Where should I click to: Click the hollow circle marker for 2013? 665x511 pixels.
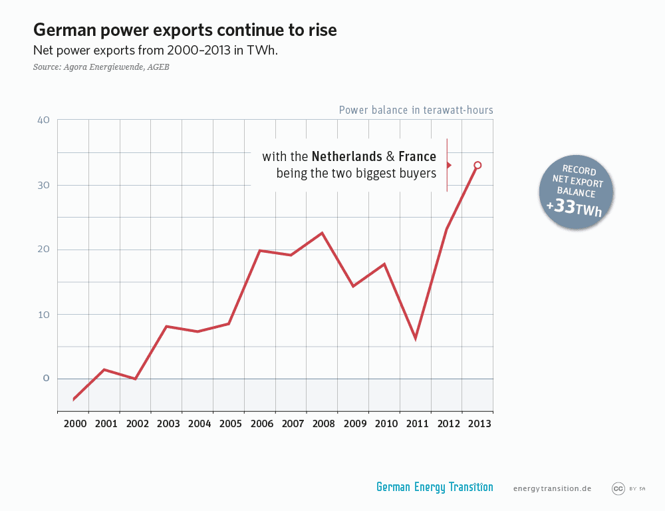pyautogui.click(x=477, y=165)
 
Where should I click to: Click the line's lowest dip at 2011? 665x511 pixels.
pyautogui.click(x=416, y=339)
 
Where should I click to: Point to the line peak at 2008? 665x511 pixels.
pyautogui.click(x=322, y=233)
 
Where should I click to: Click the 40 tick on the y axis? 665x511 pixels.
pyautogui.click(x=43, y=120)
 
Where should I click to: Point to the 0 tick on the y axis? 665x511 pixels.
pyautogui.click(x=47, y=378)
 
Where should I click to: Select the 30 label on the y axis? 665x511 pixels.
pyautogui.click(x=43, y=185)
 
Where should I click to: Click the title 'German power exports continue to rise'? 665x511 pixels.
pyautogui.click(x=185, y=30)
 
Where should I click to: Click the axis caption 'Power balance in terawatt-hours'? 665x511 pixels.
pyautogui.click(x=416, y=110)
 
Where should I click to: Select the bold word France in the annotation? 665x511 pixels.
pyautogui.click(x=417, y=157)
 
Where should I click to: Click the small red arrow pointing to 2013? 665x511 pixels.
pyautogui.click(x=449, y=165)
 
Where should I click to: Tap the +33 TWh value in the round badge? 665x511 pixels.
pyautogui.click(x=576, y=207)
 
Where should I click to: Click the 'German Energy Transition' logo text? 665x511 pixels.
pyautogui.click(x=434, y=487)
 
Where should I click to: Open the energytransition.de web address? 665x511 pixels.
pyautogui.click(x=552, y=488)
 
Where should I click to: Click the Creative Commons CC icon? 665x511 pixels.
pyautogui.click(x=618, y=488)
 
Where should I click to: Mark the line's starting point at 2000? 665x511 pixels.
pyautogui.click(x=73, y=399)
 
